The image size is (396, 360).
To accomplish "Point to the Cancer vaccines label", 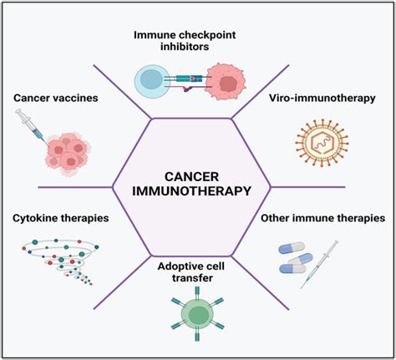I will pos(56,99).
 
